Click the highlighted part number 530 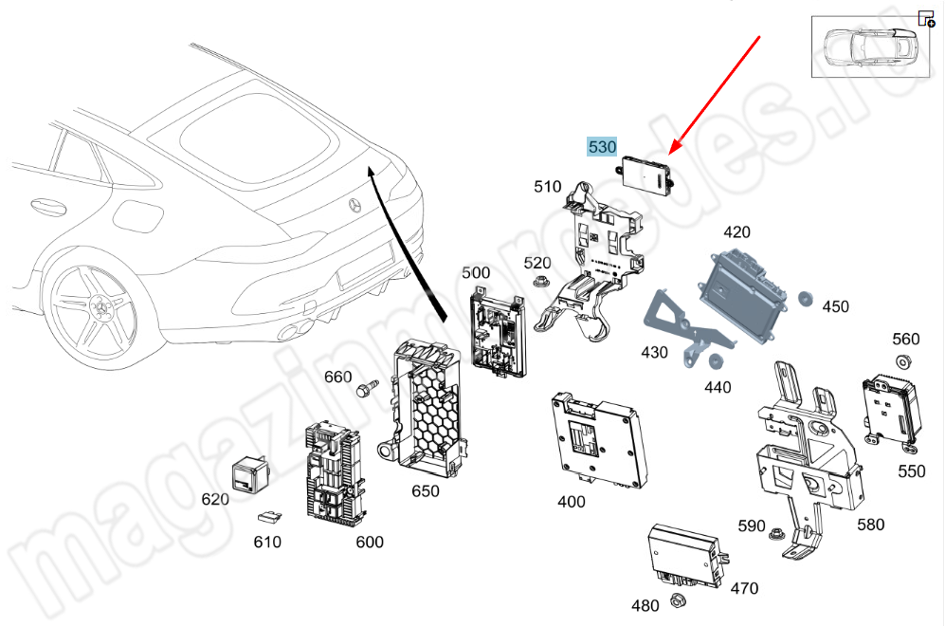coord(602,147)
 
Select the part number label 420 coord(736,232)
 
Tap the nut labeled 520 coord(541,282)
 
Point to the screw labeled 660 coord(367,389)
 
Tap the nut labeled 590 coord(780,535)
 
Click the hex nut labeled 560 coord(903,361)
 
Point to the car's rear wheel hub coord(99,309)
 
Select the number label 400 coord(571,502)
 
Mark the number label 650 coord(426,491)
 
